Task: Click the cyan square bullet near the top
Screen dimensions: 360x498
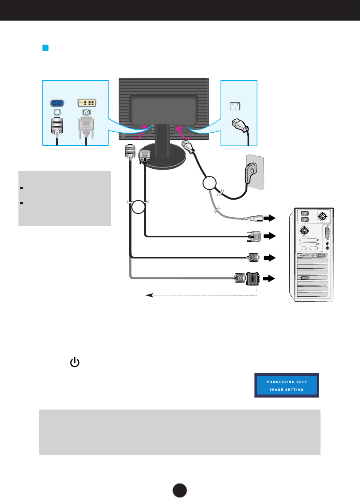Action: (45, 48)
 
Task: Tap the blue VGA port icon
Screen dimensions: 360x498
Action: (57, 103)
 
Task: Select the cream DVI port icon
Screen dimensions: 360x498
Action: (87, 103)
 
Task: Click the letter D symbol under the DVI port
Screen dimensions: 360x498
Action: (86, 112)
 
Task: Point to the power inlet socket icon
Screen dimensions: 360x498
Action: (235, 106)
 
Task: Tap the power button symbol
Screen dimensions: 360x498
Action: (75, 362)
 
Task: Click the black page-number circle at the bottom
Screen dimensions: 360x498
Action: (180, 490)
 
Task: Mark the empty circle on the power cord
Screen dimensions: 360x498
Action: (209, 183)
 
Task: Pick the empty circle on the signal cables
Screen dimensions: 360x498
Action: (139, 207)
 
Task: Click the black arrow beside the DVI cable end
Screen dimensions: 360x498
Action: (270, 236)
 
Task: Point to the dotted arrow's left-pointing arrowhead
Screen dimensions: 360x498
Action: (149, 295)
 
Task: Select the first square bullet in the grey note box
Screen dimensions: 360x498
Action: (21, 188)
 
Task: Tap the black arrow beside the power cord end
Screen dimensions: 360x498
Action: (270, 218)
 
